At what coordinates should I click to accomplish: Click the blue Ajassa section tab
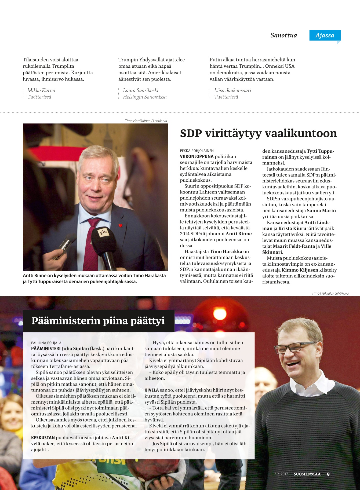(325, 35)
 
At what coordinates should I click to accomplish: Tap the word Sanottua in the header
(283, 35)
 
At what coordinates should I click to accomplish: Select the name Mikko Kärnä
(41, 90)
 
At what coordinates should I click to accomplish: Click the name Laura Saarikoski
(140, 90)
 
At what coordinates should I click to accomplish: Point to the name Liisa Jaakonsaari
(232, 90)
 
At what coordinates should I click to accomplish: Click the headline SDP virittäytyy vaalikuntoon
(258, 133)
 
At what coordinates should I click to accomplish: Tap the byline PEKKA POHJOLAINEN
(197, 151)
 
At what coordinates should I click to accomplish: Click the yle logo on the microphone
(103, 232)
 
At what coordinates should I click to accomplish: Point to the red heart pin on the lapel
(121, 225)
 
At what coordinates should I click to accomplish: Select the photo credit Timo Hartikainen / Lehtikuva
(146, 121)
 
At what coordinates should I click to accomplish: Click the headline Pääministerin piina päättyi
(98, 321)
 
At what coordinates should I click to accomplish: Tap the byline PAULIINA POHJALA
(46, 343)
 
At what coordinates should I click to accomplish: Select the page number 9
(328, 474)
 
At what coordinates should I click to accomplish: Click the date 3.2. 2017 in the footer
(281, 474)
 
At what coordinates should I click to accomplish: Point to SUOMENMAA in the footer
(307, 474)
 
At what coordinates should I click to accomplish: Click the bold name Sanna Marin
(321, 211)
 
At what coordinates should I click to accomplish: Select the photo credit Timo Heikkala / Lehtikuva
(330, 293)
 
